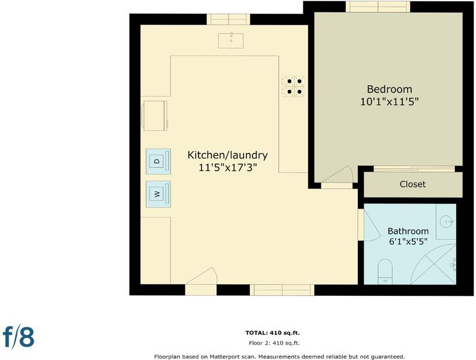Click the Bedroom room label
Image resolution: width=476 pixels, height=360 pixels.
click(x=390, y=89)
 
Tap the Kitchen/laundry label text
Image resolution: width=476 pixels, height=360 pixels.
click(x=227, y=155)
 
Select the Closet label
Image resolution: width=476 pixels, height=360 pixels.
click(x=412, y=184)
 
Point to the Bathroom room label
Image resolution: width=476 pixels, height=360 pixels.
click(x=408, y=231)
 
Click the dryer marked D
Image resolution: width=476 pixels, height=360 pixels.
click(x=158, y=161)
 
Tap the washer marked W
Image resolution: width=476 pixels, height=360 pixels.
click(x=158, y=194)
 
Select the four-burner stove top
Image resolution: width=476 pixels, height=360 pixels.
click(x=294, y=86)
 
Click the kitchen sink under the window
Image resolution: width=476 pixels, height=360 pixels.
click(x=231, y=40)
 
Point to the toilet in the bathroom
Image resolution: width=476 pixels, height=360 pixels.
click(x=385, y=271)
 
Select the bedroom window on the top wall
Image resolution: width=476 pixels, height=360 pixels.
click(x=378, y=7)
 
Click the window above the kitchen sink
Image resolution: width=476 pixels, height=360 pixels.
click(x=228, y=19)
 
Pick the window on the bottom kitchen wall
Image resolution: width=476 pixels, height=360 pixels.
click(x=282, y=290)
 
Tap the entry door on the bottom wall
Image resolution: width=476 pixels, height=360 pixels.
click(x=201, y=281)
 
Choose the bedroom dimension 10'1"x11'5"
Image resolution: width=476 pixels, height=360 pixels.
click(x=390, y=101)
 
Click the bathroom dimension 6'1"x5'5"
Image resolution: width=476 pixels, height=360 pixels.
click(x=408, y=242)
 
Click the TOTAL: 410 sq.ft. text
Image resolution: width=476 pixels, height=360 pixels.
click(x=273, y=333)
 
